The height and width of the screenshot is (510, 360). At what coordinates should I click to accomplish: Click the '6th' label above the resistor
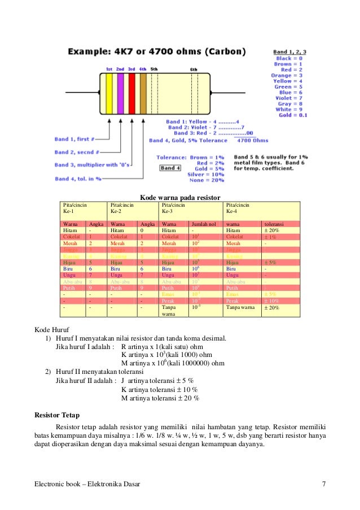point(194,69)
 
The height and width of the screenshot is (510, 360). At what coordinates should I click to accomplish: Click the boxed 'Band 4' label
point(170,168)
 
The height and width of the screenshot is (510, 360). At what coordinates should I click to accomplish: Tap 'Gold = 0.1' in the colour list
point(293,115)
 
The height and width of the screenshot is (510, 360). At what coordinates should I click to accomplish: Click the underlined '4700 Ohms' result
point(252,140)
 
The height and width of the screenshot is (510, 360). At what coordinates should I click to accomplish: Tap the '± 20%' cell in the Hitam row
point(272,230)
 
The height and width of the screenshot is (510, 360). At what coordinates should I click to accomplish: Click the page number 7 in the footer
point(324,485)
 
